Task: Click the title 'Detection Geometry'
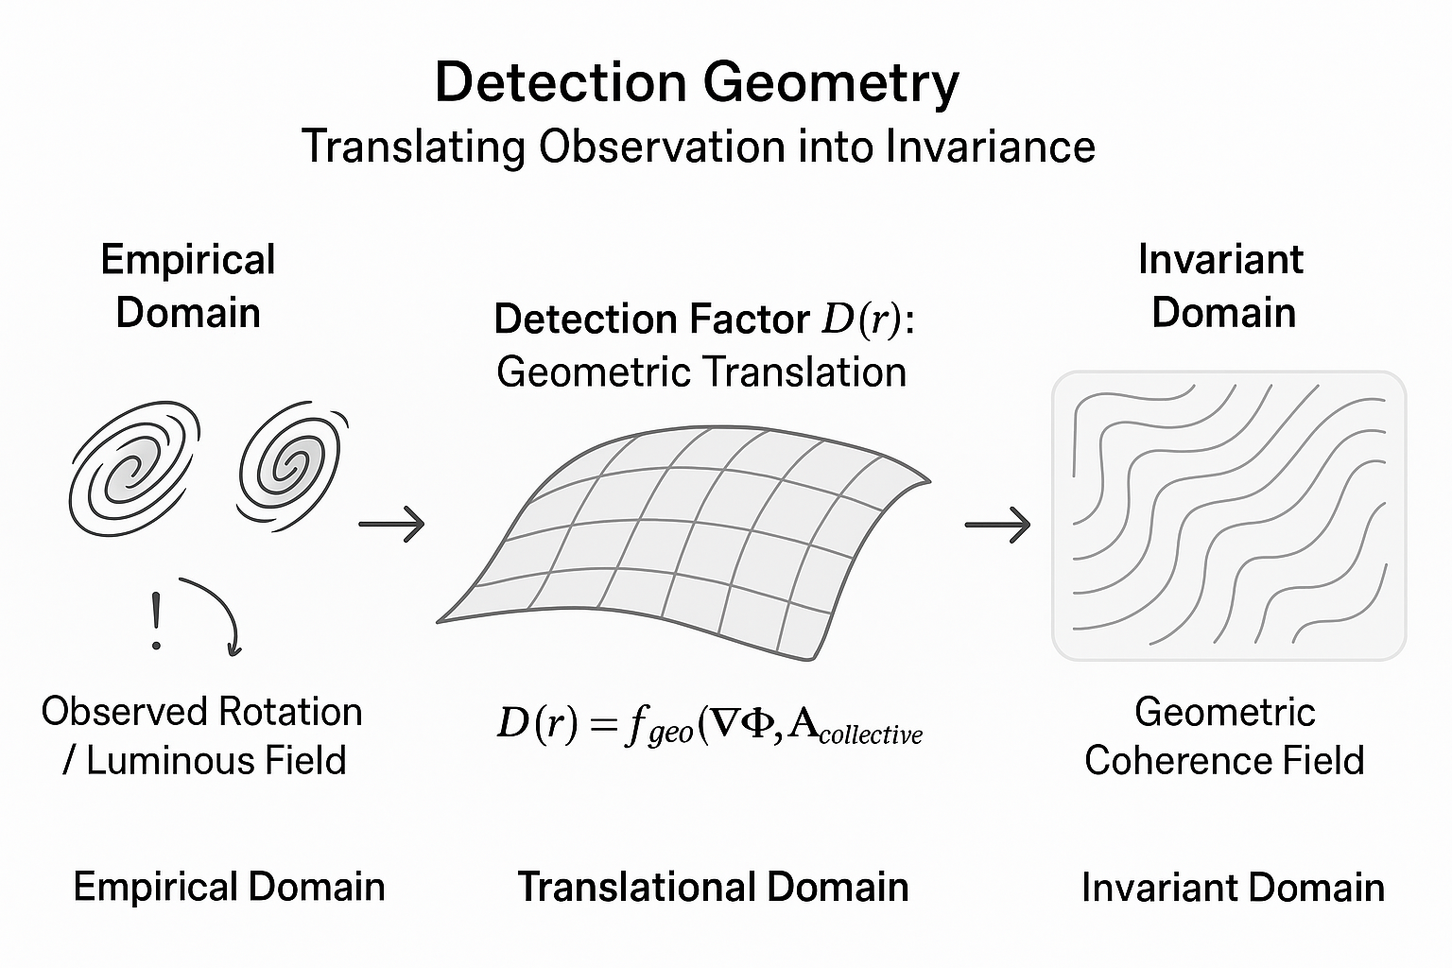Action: [697, 82]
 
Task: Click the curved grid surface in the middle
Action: [681, 544]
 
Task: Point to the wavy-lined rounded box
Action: [1229, 515]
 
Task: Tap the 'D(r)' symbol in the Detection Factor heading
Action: [861, 320]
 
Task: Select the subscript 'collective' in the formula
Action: [871, 735]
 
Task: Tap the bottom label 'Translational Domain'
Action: [713, 888]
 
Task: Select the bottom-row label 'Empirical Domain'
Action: [229, 888]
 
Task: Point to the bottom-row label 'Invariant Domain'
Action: [1233, 888]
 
